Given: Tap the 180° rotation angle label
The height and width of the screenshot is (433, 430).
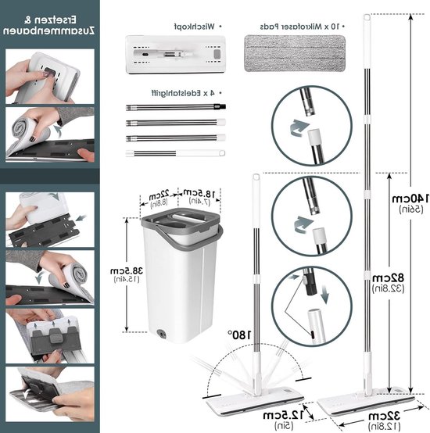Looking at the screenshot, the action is tap(239, 335).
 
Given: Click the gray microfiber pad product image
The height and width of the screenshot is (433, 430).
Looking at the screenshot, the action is tap(295, 53).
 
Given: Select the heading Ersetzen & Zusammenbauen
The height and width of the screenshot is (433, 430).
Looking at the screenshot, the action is tap(49, 25).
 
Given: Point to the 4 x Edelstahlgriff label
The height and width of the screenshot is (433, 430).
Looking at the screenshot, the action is tap(183, 93).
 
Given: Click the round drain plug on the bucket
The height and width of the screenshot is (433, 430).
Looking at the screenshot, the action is tap(161, 333).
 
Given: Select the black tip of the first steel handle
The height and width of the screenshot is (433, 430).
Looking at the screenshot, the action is tap(221, 106).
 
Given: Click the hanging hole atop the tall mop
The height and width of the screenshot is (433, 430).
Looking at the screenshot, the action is tap(367, 18).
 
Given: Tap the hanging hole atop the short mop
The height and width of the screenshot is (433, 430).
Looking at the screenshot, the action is tap(256, 177).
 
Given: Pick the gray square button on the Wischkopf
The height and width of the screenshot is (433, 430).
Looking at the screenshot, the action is tap(217, 54).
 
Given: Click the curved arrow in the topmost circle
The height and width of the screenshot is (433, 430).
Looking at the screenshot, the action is tap(299, 128).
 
